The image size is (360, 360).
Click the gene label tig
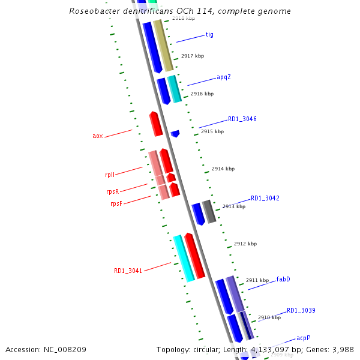(x=209, y=35)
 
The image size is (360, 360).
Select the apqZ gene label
(x=223, y=78)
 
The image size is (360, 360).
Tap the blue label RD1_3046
(x=242, y=119)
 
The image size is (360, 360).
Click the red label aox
(x=98, y=136)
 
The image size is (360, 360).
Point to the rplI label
(x=110, y=175)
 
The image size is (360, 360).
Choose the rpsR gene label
(x=112, y=192)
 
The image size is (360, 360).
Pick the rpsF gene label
(x=116, y=204)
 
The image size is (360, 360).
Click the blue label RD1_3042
(x=265, y=198)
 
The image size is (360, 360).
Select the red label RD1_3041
(x=128, y=271)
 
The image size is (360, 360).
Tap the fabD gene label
(x=283, y=280)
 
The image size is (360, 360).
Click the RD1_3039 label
(x=301, y=311)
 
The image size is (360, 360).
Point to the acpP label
(x=303, y=338)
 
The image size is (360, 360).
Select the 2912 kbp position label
(x=245, y=244)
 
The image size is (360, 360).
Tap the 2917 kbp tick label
(x=193, y=56)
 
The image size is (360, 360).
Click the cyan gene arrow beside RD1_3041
(x=184, y=258)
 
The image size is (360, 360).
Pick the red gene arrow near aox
(x=156, y=124)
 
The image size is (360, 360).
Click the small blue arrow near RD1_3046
(x=175, y=133)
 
